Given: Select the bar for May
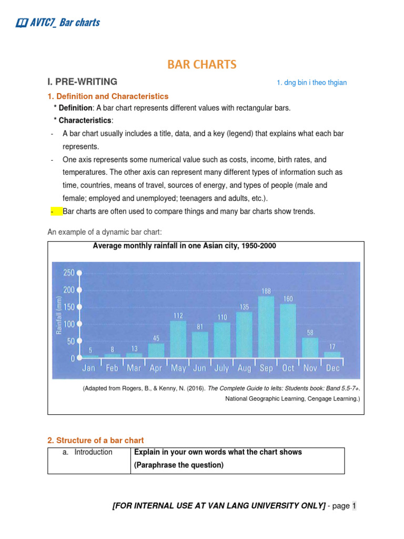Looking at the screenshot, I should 178,340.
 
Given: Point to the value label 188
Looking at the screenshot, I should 266,291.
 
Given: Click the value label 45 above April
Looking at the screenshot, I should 156,338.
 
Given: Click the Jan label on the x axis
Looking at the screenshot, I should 89,368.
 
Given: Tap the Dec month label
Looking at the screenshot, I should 332,368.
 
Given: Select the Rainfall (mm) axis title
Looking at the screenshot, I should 59,315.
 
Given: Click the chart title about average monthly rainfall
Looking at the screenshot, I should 184,246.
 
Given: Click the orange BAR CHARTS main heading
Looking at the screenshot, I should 202,65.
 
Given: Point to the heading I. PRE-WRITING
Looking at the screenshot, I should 83,82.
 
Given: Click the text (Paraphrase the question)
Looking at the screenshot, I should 179,465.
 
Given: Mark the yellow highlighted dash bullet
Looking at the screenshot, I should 54,212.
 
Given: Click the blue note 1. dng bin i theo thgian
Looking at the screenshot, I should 312,83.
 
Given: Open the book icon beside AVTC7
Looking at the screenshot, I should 22,23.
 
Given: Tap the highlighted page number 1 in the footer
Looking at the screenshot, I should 354,506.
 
